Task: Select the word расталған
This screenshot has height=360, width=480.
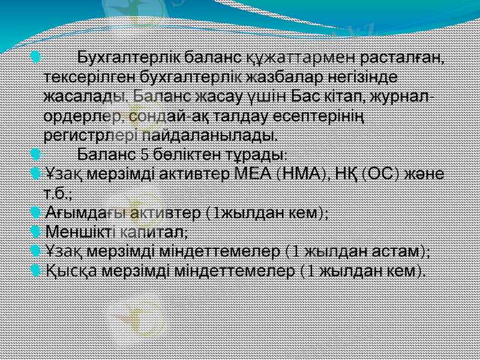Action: [x=400, y=59]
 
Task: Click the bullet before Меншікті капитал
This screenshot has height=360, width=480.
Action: [x=35, y=231]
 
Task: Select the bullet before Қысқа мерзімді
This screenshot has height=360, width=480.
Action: [x=35, y=271]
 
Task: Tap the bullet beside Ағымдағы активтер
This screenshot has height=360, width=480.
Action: [x=35, y=213]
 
